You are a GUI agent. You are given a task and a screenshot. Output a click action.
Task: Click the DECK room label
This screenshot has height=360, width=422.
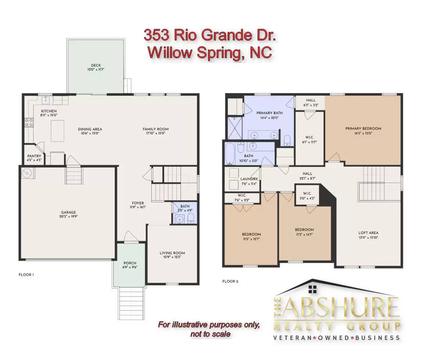click(x=96, y=65)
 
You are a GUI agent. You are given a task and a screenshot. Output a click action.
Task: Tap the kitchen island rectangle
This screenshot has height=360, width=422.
click(x=57, y=131)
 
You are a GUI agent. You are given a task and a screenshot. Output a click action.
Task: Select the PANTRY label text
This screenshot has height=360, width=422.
click(x=34, y=156)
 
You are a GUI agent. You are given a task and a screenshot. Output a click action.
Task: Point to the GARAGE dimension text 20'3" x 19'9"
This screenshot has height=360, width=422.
click(x=68, y=216)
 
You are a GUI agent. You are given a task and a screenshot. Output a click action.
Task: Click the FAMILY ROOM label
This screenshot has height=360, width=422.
click(x=156, y=129)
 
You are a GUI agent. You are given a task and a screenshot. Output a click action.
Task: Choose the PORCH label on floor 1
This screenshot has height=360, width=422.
click(x=130, y=263)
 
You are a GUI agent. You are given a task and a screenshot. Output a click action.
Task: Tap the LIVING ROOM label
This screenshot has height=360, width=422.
click(x=172, y=253)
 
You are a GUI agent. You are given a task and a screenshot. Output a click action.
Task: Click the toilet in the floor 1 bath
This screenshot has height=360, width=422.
click(x=190, y=218)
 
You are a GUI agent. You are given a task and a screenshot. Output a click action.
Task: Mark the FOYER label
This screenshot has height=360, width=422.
click(x=138, y=203)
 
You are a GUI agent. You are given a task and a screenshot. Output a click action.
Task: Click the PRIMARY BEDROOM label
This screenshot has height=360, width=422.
click(x=363, y=129)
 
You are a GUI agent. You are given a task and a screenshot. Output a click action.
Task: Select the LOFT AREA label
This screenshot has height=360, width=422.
click(x=368, y=233)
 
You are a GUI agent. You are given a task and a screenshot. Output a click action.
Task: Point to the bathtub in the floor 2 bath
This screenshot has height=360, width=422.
click(x=230, y=153)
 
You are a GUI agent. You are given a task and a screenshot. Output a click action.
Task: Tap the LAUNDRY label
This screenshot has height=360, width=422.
click(x=249, y=179)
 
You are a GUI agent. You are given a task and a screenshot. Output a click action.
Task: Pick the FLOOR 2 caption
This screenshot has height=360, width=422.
click(x=230, y=281)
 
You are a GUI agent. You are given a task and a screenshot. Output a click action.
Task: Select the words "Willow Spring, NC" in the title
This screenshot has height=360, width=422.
click(x=210, y=52)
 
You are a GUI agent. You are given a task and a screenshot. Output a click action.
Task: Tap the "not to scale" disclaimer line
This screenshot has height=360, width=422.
click(x=210, y=334)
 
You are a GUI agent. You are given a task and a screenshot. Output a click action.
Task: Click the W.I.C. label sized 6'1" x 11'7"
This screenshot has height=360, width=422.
click(x=309, y=138)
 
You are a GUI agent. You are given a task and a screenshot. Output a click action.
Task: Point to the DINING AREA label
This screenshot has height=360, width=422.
click(x=90, y=129)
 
